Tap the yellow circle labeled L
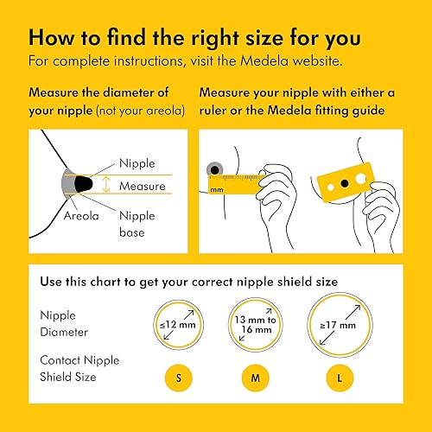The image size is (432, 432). [x=334, y=377]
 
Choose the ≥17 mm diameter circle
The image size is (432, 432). [x=334, y=325]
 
